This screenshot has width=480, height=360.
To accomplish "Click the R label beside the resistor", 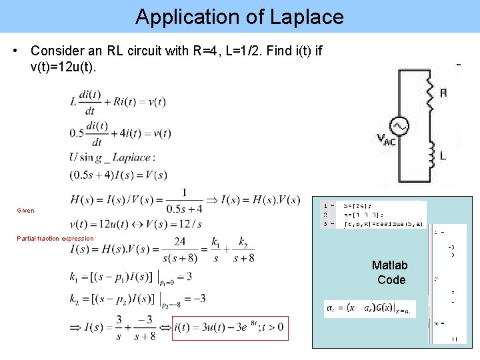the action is (443, 93).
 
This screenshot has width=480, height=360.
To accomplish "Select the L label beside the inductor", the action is (443, 156).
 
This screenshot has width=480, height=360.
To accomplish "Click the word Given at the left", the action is (25, 211).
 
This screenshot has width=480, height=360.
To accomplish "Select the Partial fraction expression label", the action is (55, 239).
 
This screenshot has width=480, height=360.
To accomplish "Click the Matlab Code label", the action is (391, 273).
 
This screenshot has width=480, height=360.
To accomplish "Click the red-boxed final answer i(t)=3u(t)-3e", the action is (230, 328).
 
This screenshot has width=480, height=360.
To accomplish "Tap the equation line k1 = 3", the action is (131, 276).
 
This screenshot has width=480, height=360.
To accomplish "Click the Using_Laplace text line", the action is (111, 157).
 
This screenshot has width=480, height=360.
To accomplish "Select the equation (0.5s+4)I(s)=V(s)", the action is (118, 175).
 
